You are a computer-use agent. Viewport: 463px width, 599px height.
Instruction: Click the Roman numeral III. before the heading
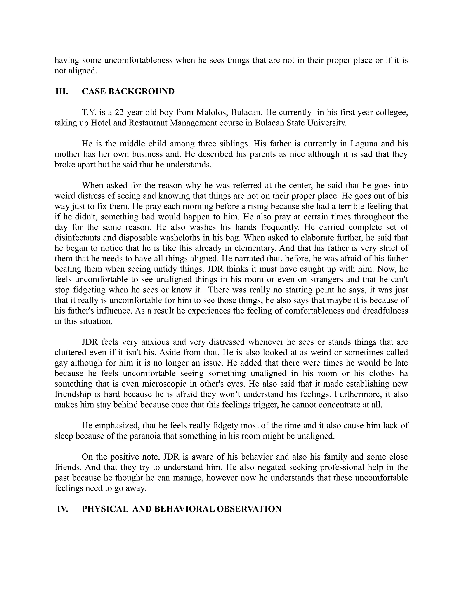click(x=61, y=92)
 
